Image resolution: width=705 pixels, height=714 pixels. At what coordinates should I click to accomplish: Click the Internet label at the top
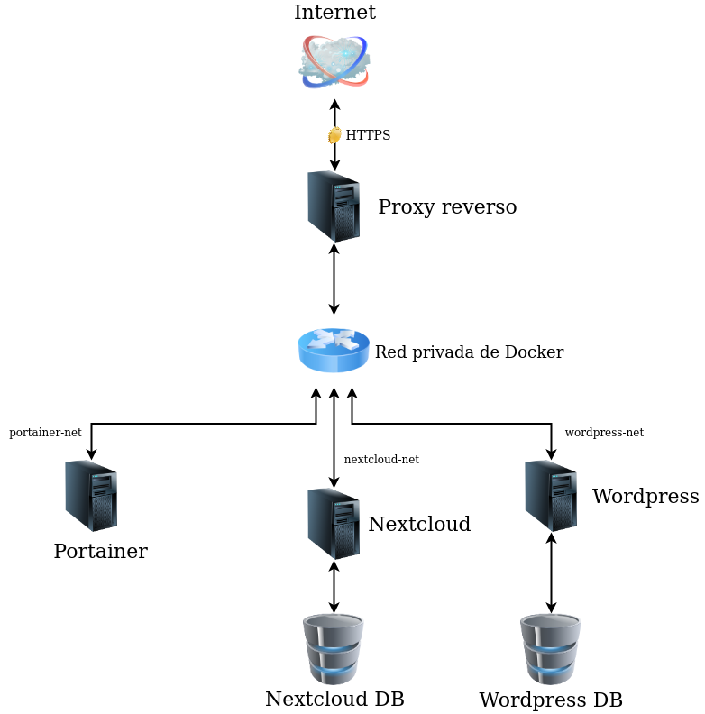(x=334, y=13)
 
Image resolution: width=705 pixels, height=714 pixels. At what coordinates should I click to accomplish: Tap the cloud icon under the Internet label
(x=334, y=61)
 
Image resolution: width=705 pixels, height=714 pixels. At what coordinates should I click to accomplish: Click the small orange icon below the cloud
(x=334, y=135)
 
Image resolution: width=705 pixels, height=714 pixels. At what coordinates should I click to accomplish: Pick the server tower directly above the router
(x=334, y=206)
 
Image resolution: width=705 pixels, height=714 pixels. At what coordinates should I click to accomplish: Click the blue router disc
(x=334, y=351)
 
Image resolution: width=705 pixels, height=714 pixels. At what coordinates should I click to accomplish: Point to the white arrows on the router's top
(x=334, y=339)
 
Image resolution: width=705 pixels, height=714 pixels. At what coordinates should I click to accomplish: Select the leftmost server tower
(x=91, y=495)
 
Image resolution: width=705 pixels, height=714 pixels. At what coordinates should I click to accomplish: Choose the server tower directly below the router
(x=334, y=523)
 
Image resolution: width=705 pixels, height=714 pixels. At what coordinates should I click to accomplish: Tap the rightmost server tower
(x=551, y=495)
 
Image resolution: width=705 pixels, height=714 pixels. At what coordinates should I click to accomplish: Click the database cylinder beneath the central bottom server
(x=334, y=649)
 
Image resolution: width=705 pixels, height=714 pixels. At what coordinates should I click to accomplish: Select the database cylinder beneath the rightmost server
(x=551, y=649)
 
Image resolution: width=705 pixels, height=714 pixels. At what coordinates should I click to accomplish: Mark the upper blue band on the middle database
(x=334, y=648)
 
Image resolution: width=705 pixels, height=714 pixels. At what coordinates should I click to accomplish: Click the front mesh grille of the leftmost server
(x=104, y=513)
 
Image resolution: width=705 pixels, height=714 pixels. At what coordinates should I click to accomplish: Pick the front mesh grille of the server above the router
(x=346, y=223)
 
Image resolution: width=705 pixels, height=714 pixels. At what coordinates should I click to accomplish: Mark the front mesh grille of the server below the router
(x=346, y=541)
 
